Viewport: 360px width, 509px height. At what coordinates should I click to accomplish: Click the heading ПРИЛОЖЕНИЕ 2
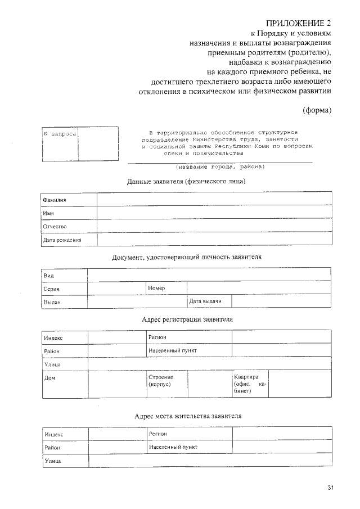point(298,23)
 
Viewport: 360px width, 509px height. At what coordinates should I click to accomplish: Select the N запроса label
point(60,134)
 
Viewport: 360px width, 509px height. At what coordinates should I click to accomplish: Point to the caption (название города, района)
point(220,167)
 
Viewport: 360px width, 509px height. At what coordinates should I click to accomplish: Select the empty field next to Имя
point(214,213)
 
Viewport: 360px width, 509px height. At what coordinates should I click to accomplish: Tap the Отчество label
point(55,226)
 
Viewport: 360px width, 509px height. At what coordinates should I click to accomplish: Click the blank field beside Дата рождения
point(214,240)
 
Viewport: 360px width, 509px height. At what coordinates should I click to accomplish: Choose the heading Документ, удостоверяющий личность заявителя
point(187,257)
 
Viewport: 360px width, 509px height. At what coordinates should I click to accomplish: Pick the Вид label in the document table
point(48,276)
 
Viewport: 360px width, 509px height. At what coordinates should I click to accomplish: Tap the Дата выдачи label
point(205,301)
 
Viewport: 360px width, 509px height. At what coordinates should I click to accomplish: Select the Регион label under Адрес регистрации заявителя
point(157,337)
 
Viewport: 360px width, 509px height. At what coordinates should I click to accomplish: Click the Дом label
point(49,378)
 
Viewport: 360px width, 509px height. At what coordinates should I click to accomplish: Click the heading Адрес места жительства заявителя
point(188,417)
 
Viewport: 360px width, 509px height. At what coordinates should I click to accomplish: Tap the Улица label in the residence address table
point(52,461)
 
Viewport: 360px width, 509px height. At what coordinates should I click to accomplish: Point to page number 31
point(330,488)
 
